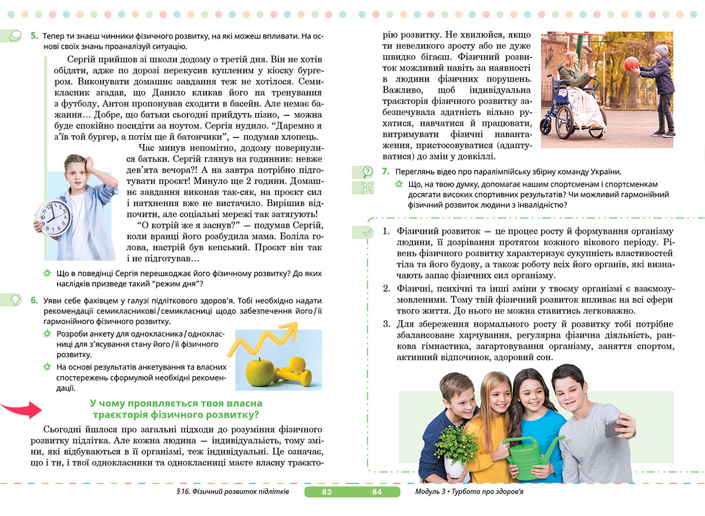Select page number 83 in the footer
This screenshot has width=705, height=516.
[327, 492]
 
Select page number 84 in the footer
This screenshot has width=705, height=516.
[377, 492]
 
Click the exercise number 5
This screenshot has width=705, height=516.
[34, 36]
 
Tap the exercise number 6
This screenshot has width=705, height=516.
[34, 301]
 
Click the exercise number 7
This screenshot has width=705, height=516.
[385, 172]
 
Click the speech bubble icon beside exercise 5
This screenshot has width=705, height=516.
[15, 36]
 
